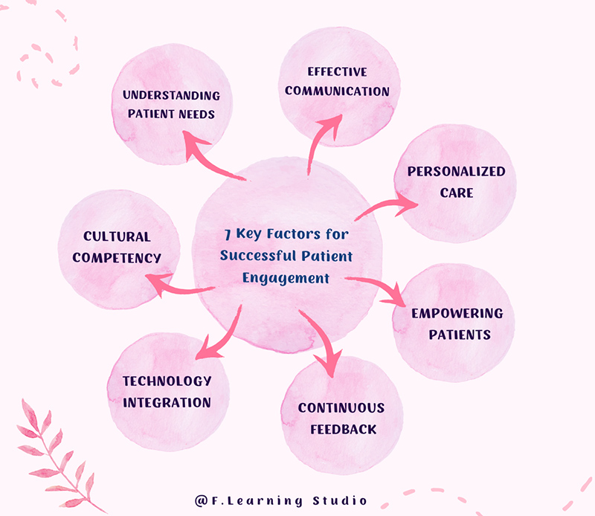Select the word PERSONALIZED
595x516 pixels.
(x=456, y=172)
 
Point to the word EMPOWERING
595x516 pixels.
(x=457, y=313)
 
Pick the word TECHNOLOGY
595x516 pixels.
(x=167, y=381)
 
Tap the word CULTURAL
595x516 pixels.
(x=117, y=237)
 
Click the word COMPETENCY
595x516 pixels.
(x=122, y=258)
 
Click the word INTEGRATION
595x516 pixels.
(x=167, y=402)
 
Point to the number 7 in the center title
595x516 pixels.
(x=227, y=234)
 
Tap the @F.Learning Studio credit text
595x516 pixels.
(x=281, y=500)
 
